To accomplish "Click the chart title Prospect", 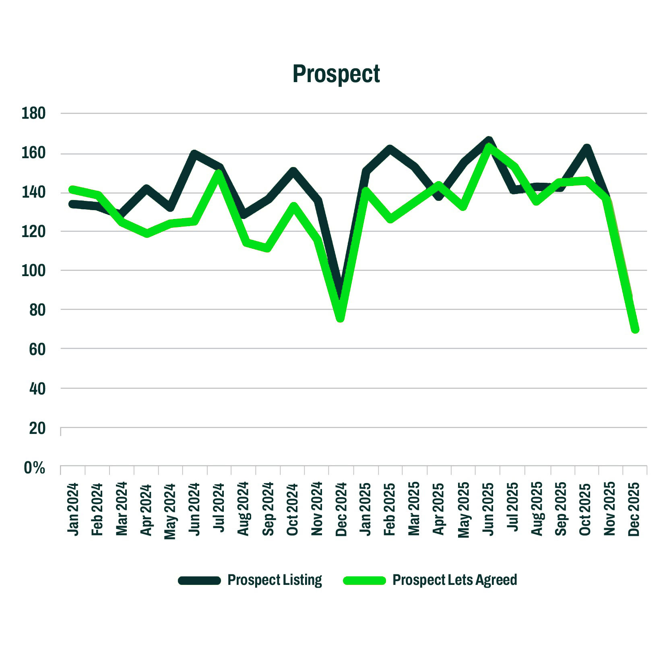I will [x=336, y=74].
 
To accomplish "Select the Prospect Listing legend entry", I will [x=275, y=580].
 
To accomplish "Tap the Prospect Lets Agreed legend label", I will [x=454, y=580].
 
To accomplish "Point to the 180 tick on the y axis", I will [x=33, y=114].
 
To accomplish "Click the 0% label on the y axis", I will [x=34, y=468].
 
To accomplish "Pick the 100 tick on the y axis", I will [x=33, y=270].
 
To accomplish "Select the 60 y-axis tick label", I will [x=37, y=349].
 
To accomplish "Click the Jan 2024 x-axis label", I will [x=73, y=509].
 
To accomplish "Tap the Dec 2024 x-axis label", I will [x=341, y=509].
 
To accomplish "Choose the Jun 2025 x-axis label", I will [x=488, y=509].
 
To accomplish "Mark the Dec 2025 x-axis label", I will [x=634, y=509].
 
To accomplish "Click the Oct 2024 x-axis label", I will [x=293, y=509].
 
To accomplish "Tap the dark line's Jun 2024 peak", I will [x=195, y=154].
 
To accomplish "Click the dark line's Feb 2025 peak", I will [x=390, y=149].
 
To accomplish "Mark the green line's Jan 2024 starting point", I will [x=73, y=190].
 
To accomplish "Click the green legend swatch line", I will [x=364, y=580].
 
